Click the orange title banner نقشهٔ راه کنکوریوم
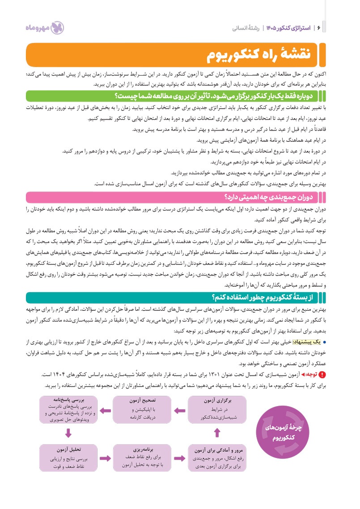pyautogui.click(x=179, y=55)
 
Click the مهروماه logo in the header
pyautogui.click(x=44, y=28)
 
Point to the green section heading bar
pyautogui.click(x=179, y=96)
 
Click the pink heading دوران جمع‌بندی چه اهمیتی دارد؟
pyautogui.click(x=179, y=197)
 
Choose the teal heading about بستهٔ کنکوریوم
pyautogui.click(x=179, y=297)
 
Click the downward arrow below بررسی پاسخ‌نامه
pyautogui.click(x=68, y=433)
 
